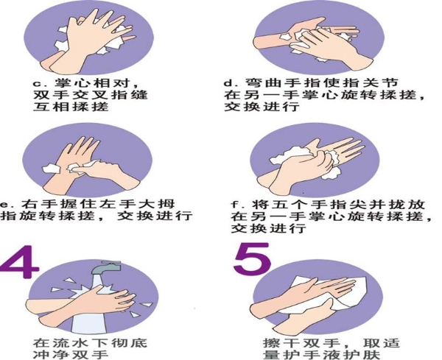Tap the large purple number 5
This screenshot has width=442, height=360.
coord(252,259)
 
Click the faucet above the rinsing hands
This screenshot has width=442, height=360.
coord(106,267)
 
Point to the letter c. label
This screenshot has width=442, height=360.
coord(41,84)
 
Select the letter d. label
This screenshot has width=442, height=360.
coord(231,83)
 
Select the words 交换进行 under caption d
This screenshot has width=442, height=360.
coord(262,107)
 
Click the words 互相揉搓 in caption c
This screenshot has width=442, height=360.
coord(71,107)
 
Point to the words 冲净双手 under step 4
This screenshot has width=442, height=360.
coord(71,354)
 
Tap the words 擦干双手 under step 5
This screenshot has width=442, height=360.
coord(301,343)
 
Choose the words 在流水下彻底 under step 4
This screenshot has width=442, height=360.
coord(90,343)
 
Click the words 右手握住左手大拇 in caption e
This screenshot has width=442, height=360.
coord(98,204)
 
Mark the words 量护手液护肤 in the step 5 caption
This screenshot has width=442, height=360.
coord(321,354)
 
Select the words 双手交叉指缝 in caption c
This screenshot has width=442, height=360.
coord(90,95)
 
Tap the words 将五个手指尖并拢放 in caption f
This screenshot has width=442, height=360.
coord(338,204)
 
